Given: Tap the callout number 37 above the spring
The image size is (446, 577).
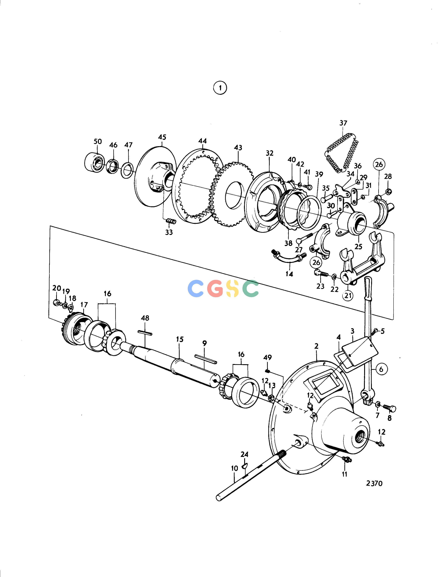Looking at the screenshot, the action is tap(343, 123).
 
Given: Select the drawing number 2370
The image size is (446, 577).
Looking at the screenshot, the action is tap(374, 483).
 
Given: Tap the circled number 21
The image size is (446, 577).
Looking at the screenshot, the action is tap(348, 295).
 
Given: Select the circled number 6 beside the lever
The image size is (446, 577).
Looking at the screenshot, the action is tap(381, 369).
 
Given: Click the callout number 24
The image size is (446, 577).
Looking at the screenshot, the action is tap(244, 454).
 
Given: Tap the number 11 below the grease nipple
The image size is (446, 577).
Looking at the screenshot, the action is tap(345, 474).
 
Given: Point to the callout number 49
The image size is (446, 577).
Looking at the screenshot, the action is tap(267, 357).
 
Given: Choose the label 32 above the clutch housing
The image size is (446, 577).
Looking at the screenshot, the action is tap(270, 153).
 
